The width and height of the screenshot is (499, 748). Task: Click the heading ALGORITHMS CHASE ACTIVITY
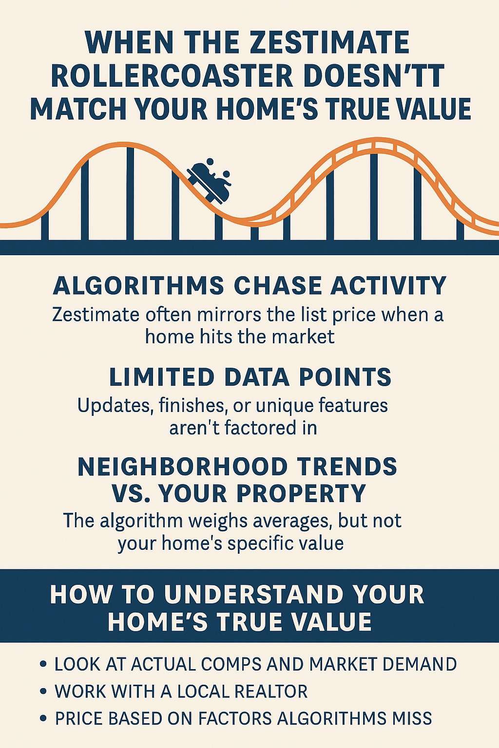pyautogui.click(x=249, y=286)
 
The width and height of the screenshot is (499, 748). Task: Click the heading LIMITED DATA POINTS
pyautogui.click(x=250, y=377)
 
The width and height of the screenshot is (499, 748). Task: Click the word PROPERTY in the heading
pyautogui.click(x=301, y=493)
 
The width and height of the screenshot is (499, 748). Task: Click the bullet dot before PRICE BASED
pyautogui.click(x=42, y=718)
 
